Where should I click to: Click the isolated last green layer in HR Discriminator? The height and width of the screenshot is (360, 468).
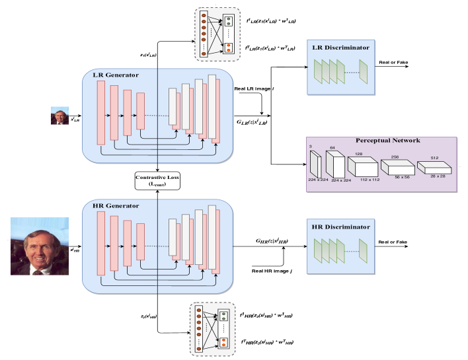pyautogui.click(x=363, y=249)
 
